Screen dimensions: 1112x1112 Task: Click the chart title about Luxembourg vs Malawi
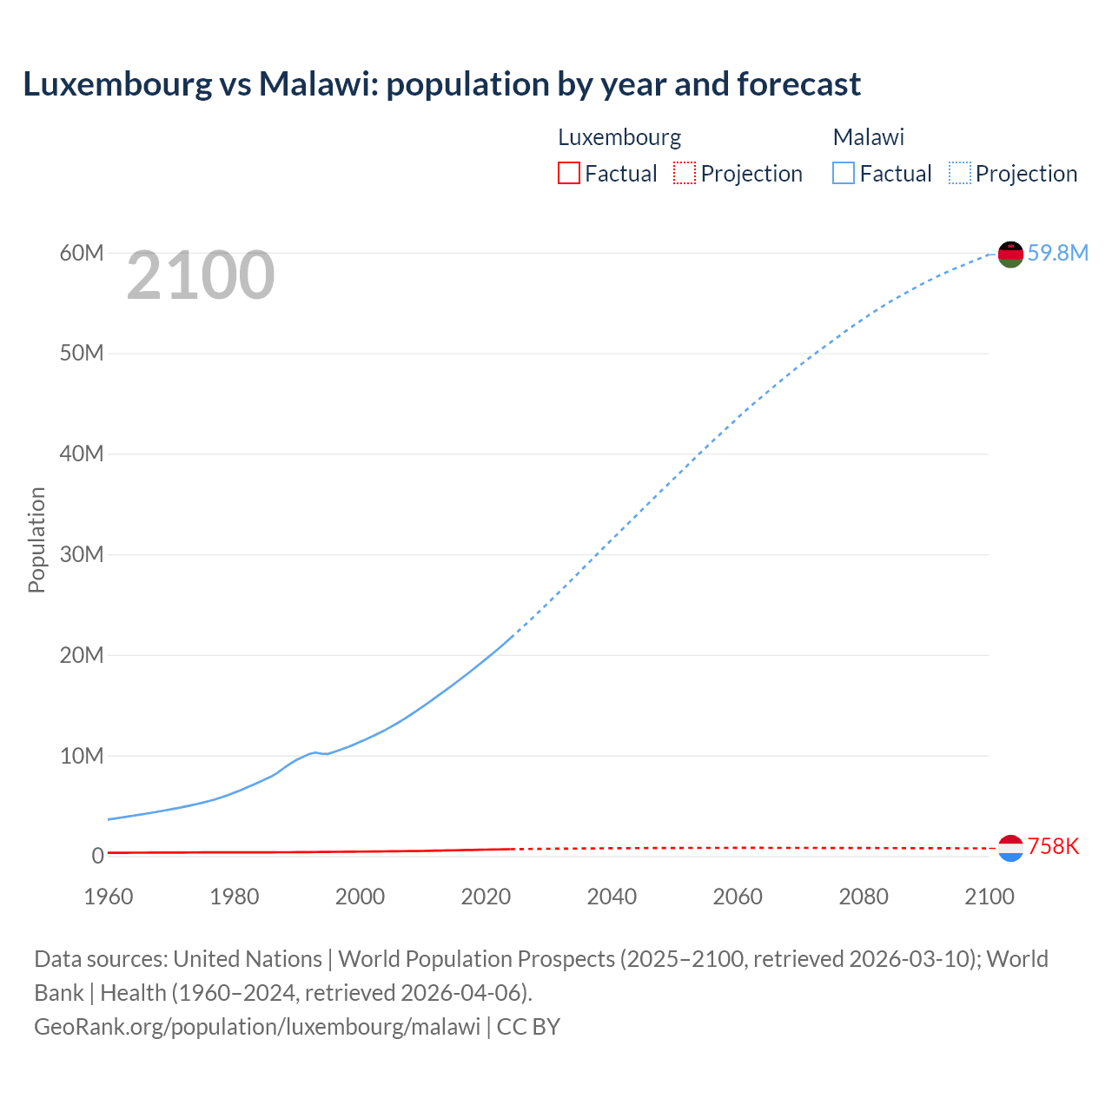441,84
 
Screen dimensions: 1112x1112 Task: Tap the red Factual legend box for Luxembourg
568,173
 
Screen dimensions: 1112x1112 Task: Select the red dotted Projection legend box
685,173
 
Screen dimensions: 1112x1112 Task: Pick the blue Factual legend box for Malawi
843,173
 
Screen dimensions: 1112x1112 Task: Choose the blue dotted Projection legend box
960,173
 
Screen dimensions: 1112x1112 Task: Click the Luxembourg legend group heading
619,137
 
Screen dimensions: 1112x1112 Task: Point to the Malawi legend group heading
869,137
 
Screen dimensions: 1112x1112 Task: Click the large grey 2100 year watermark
201,275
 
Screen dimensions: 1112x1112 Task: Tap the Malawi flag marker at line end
1010,254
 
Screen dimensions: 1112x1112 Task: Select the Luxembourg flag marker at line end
1010,848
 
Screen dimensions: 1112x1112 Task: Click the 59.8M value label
1057,253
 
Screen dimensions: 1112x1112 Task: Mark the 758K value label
1053,846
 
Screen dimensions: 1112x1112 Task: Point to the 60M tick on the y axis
82,253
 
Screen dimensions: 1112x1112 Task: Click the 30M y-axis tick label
82,554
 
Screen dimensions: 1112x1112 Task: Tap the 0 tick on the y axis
97,856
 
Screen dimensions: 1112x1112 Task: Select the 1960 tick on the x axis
109,897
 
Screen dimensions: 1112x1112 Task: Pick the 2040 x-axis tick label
612,897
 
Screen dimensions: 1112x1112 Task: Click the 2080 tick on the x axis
864,897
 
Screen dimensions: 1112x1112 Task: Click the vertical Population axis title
36,539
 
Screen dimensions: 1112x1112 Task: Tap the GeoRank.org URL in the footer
257,1026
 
